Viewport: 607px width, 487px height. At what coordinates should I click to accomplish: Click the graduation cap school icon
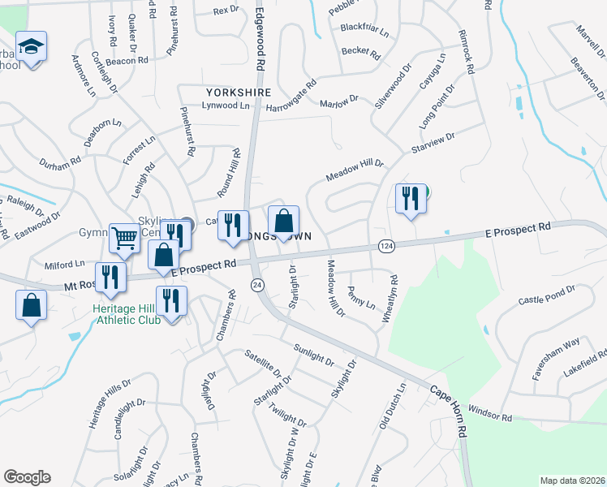coord(31,47)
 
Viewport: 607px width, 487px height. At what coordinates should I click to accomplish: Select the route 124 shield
coord(386,246)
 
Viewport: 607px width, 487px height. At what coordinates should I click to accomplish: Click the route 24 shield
coord(257,285)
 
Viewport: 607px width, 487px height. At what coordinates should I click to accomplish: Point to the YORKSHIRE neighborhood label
coord(238,93)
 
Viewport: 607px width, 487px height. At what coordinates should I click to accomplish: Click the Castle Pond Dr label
coord(546,295)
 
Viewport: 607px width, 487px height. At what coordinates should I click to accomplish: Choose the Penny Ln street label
coord(360,298)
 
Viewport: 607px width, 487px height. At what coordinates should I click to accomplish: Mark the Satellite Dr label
coord(269,367)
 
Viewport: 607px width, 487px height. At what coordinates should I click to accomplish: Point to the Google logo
coord(27,477)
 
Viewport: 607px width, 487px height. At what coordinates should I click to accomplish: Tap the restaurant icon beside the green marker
coord(410,198)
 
